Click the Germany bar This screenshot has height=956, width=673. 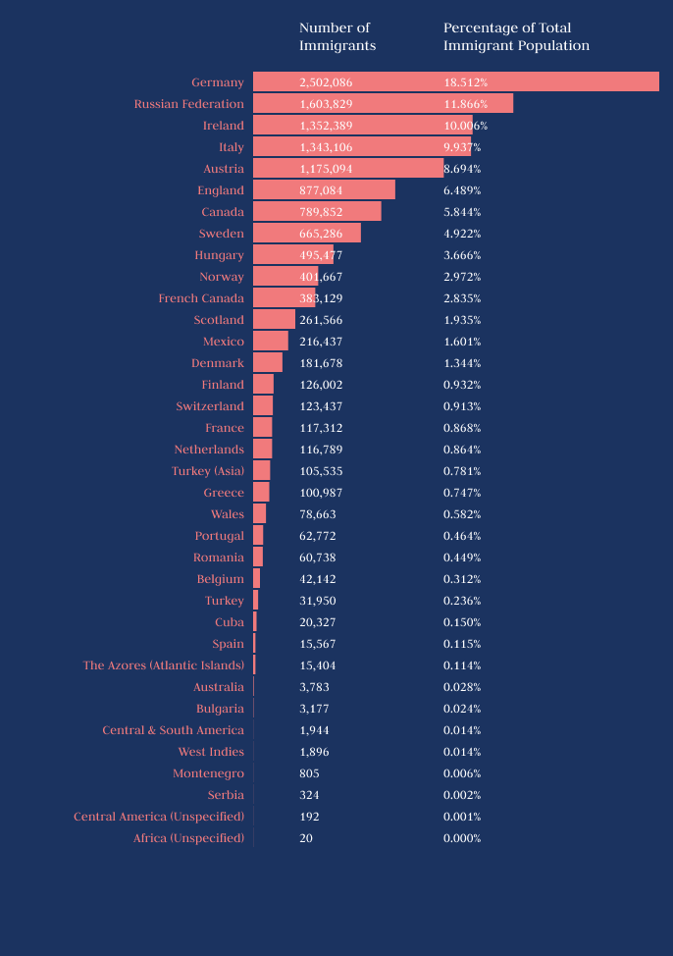tap(455, 82)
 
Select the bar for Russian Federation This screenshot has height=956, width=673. tap(383, 104)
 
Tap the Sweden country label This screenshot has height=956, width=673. tap(221, 234)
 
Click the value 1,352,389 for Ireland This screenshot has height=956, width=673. tap(326, 126)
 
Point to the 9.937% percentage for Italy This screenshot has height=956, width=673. tap(462, 147)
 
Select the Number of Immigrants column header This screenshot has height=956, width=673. tap(336, 36)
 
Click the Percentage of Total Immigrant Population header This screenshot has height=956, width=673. tap(516, 36)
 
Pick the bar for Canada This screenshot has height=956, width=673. tap(317, 212)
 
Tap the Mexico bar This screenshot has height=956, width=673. tap(271, 342)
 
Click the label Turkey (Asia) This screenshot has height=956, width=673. tap(208, 471)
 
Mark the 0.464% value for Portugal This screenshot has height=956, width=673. tap(462, 536)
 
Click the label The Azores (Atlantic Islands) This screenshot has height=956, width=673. tap(163, 665)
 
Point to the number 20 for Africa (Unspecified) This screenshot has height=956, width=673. tap(306, 838)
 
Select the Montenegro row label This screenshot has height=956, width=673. tap(208, 773)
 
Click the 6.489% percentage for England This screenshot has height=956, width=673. tap(462, 190)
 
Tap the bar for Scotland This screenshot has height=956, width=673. tap(274, 320)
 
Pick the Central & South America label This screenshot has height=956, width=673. tap(173, 730)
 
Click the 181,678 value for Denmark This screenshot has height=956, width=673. tap(321, 363)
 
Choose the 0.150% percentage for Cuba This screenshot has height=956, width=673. tap(462, 622)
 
